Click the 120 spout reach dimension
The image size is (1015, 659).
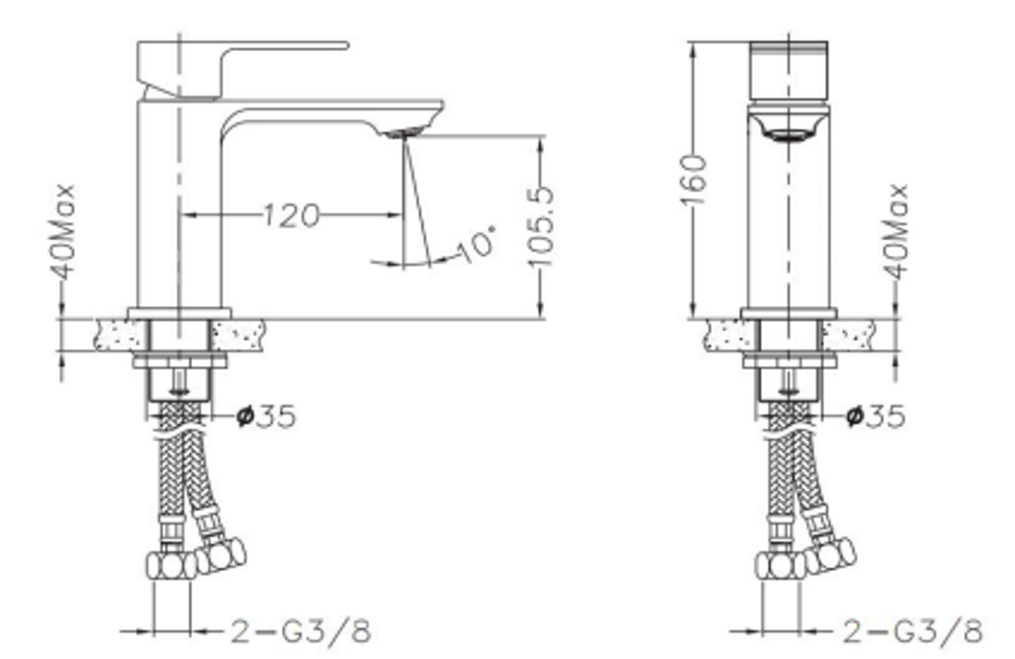[x=291, y=216]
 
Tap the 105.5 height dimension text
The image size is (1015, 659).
[x=542, y=226]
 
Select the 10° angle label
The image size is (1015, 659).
[x=477, y=244]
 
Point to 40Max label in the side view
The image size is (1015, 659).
[x=64, y=232]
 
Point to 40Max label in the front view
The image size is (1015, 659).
[x=895, y=231]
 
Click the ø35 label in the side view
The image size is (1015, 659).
[x=267, y=416]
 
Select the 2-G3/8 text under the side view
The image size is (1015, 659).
[x=299, y=632]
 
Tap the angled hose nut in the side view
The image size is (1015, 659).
[x=221, y=555]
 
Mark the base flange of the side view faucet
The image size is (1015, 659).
[x=179, y=313]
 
